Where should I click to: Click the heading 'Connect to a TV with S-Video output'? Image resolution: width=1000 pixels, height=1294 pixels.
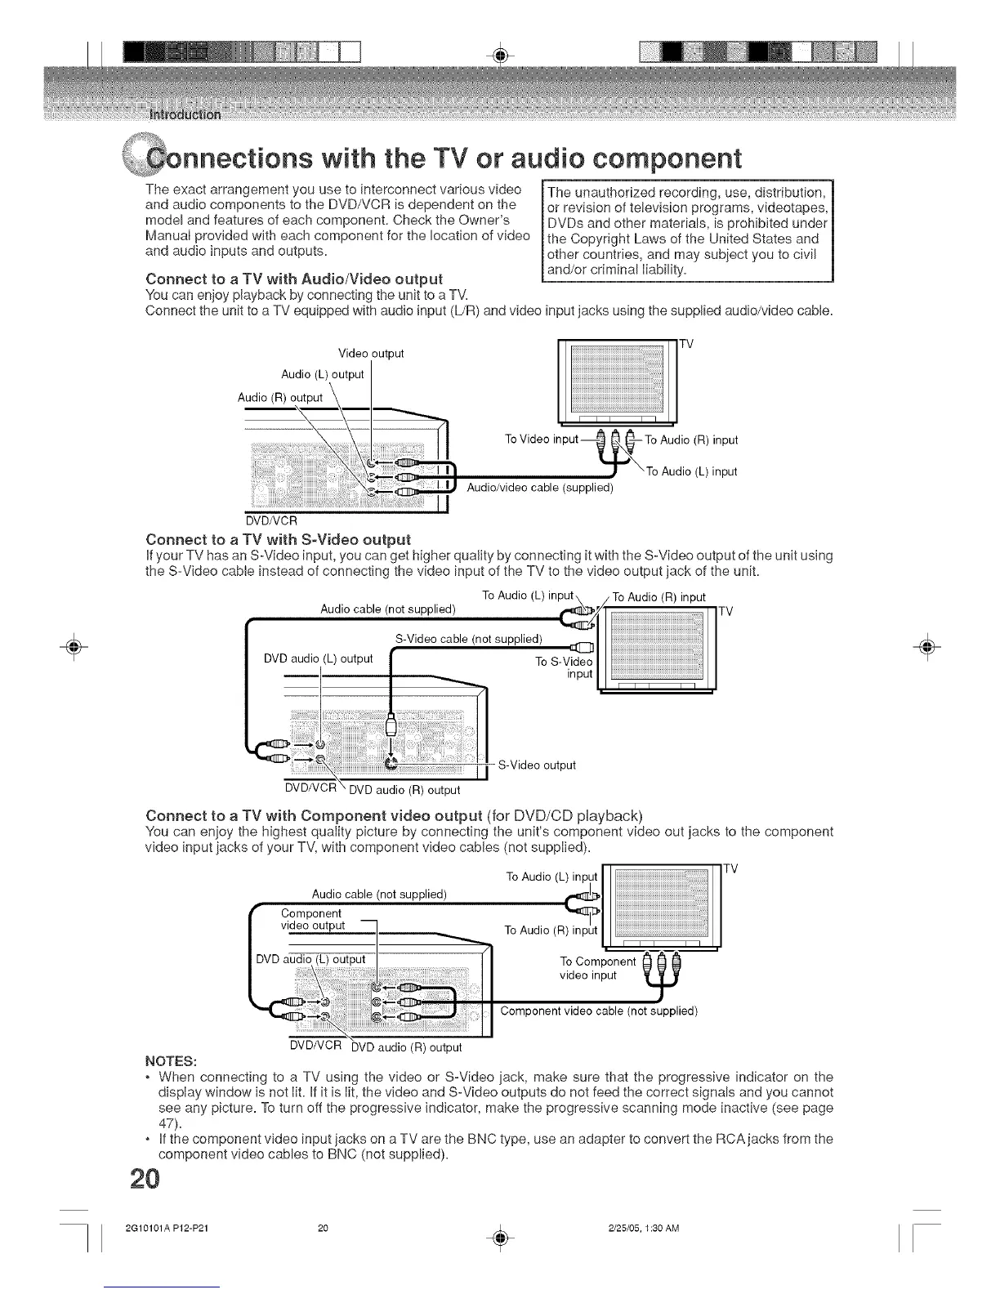coord(278,539)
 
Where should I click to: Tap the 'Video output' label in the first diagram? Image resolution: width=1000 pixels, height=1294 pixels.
coord(371,354)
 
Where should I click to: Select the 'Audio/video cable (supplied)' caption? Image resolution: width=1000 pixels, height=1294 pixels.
coord(539,488)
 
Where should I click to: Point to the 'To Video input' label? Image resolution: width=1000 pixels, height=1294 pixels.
coord(542,440)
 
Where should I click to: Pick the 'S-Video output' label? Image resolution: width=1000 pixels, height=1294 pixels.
coord(537,765)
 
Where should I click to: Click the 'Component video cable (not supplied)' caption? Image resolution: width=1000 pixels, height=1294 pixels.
coord(599,1011)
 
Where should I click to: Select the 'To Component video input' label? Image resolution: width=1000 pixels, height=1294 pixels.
coord(597,968)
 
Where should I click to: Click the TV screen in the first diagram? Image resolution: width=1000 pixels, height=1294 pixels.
coord(617,379)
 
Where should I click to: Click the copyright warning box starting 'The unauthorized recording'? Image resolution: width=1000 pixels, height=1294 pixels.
coord(687,230)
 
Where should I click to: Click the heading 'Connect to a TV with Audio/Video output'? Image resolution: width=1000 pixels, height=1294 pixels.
coord(294,279)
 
